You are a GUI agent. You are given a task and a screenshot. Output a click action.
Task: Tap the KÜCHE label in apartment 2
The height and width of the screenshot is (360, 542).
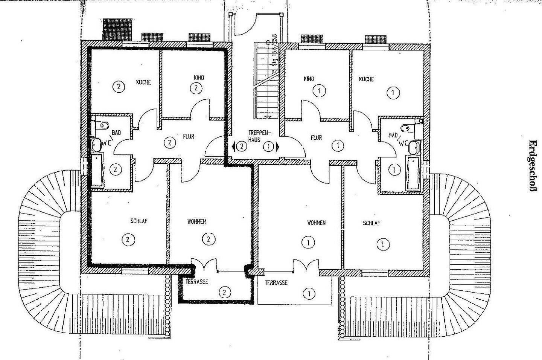pos(143,82)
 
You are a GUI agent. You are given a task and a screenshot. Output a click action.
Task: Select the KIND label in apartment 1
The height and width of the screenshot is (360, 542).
pos(309,79)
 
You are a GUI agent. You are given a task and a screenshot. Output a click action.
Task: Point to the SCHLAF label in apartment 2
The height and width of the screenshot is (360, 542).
pos(139,221)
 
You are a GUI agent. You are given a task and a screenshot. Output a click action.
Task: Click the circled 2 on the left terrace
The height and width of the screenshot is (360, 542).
pos(225,292)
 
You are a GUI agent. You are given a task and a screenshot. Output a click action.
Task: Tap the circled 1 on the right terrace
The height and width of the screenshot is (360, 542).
pos(309,293)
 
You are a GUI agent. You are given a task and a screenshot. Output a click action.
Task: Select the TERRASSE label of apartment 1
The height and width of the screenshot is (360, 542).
pos(277,283)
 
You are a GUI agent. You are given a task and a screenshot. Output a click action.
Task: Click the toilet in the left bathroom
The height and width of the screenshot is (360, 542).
pos(103,124)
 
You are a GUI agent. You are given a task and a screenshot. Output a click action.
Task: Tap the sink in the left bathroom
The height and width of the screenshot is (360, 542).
pos(96,144)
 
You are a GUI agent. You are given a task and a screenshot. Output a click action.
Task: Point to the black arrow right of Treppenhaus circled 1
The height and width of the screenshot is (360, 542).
pos(278,146)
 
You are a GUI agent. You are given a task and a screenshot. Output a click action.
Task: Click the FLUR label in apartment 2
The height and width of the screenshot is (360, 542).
pos(189,136)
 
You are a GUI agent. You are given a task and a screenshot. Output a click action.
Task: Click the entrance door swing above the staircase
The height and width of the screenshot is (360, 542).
pos(249,24)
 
